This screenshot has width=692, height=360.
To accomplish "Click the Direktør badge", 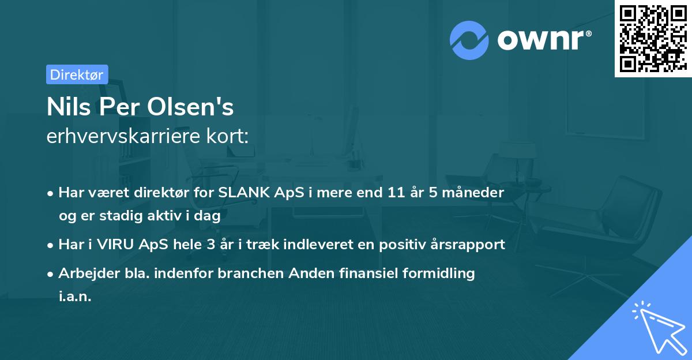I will coord(77,74).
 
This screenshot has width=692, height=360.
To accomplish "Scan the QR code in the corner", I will coord(652,38).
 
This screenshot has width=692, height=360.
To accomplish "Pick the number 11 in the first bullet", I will coord(395,193).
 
